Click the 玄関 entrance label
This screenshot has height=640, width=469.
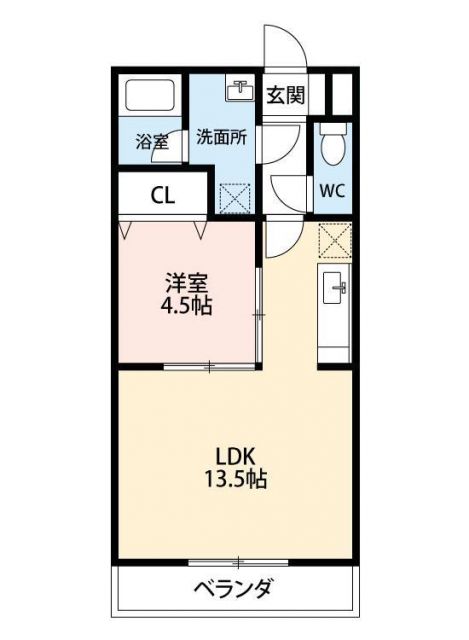287,96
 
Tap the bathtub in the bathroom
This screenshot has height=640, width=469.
149,97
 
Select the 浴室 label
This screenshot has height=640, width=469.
151,142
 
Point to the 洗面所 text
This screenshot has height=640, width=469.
221,138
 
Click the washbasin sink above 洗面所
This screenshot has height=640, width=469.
240,91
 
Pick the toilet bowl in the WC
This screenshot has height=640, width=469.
332,148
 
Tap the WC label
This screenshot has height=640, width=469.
332,191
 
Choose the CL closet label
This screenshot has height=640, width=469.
163,195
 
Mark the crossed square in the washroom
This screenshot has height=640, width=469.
235,197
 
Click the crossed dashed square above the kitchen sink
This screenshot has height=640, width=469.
333,240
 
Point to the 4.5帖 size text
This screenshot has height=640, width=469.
187,306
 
